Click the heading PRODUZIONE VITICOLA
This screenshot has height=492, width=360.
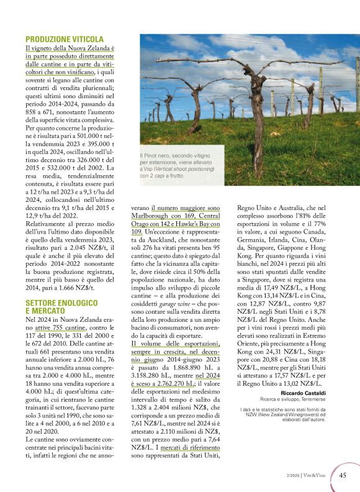[65, 39]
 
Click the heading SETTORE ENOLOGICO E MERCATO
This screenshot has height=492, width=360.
[61, 306]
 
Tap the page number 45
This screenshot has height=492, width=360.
[343, 475]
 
